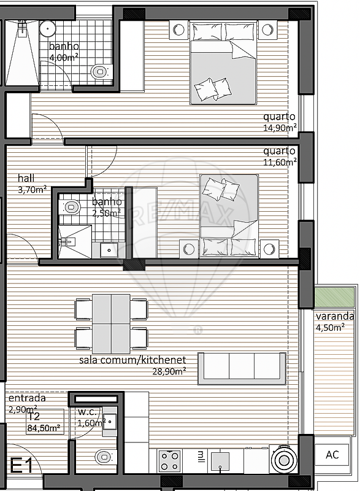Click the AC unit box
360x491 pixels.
(332, 454)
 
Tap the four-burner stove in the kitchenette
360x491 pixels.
(170, 461)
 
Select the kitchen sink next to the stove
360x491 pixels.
(220, 462)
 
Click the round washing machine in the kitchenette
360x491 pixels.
(284, 459)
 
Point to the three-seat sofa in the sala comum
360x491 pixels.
(242, 368)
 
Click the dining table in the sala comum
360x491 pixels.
(111, 324)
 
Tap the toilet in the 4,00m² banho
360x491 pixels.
(101, 72)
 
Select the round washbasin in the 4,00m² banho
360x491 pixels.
(48, 28)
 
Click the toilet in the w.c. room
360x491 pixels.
(105, 457)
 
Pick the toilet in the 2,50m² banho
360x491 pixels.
(70, 207)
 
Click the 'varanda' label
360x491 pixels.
(335, 316)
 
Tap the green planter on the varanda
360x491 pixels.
(334, 298)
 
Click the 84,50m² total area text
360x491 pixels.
(44, 428)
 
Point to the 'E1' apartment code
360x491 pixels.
(21, 465)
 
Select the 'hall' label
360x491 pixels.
(26, 178)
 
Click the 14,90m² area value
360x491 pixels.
(280, 128)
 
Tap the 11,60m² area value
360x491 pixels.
(280, 162)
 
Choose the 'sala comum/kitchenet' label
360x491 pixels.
(132, 360)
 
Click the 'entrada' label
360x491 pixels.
(27, 398)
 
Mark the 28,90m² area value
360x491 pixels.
(169, 371)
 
